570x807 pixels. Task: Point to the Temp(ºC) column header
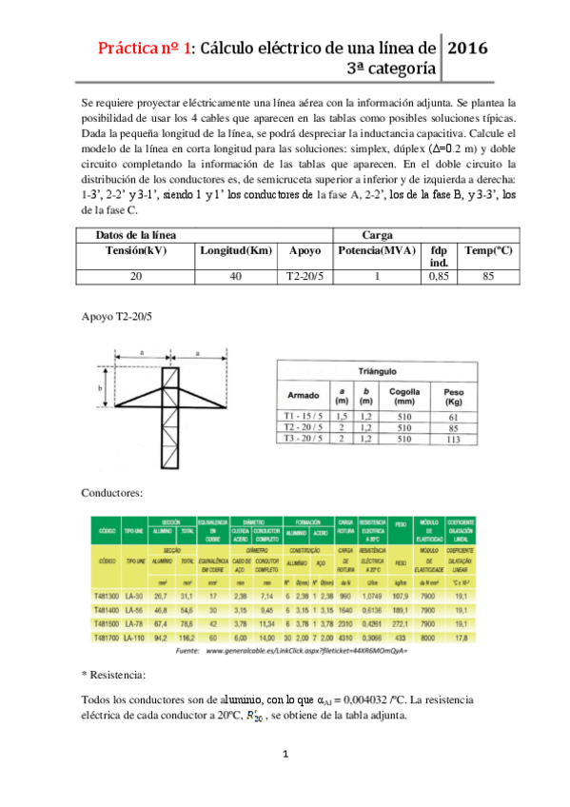(x=490, y=250)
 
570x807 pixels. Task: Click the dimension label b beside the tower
(x=100, y=389)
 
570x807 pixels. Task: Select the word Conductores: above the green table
(x=112, y=493)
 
